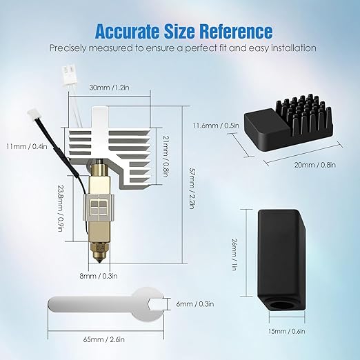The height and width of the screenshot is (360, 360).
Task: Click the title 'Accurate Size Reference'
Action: (x=183, y=31)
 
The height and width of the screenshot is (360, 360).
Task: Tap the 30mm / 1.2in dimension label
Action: (x=109, y=88)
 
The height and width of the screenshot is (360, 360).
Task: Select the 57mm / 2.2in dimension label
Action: (x=192, y=188)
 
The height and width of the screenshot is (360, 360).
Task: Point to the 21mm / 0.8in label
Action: (x=166, y=156)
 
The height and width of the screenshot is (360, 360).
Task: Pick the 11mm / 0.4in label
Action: (x=27, y=146)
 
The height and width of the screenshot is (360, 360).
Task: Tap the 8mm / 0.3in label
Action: (x=99, y=276)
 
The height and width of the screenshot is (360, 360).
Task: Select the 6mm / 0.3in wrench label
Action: (x=195, y=304)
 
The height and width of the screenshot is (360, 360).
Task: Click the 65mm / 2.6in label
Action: (x=103, y=339)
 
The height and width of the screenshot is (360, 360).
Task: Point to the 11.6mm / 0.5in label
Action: (x=216, y=126)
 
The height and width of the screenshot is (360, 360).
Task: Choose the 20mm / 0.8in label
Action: (x=315, y=165)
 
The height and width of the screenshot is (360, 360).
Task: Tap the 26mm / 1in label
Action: (x=234, y=254)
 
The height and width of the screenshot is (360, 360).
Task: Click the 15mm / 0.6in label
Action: (x=286, y=331)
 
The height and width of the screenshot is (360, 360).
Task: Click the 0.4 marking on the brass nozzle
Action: (x=100, y=248)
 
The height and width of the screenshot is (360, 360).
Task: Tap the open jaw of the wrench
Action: (x=157, y=304)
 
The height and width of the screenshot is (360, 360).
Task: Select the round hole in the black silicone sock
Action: (x=280, y=305)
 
